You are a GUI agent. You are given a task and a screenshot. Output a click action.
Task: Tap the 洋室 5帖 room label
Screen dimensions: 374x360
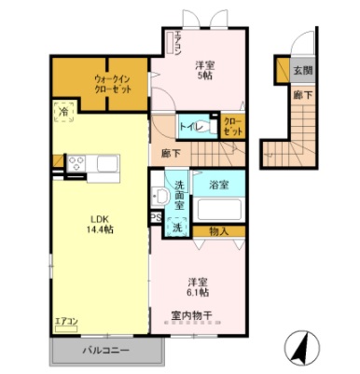pyautogui.click(x=204, y=71)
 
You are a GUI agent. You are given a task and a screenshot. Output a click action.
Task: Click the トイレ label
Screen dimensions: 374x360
pyautogui.click(x=188, y=125)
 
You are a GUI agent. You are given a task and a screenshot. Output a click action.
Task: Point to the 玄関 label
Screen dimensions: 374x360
pyautogui.click(x=302, y=71)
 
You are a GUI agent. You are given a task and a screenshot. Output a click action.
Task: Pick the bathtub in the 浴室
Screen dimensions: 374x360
pyautogui.click(x=218, y=209)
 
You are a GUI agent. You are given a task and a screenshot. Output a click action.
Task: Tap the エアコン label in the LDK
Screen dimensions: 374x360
pyautogui.click(x=65, y=322)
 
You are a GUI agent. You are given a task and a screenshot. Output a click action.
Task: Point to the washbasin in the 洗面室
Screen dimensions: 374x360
pyautogui.click(x=159, y=195)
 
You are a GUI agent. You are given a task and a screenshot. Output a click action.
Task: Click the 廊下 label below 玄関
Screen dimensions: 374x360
pyautogui.click(x=302, y=94)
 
